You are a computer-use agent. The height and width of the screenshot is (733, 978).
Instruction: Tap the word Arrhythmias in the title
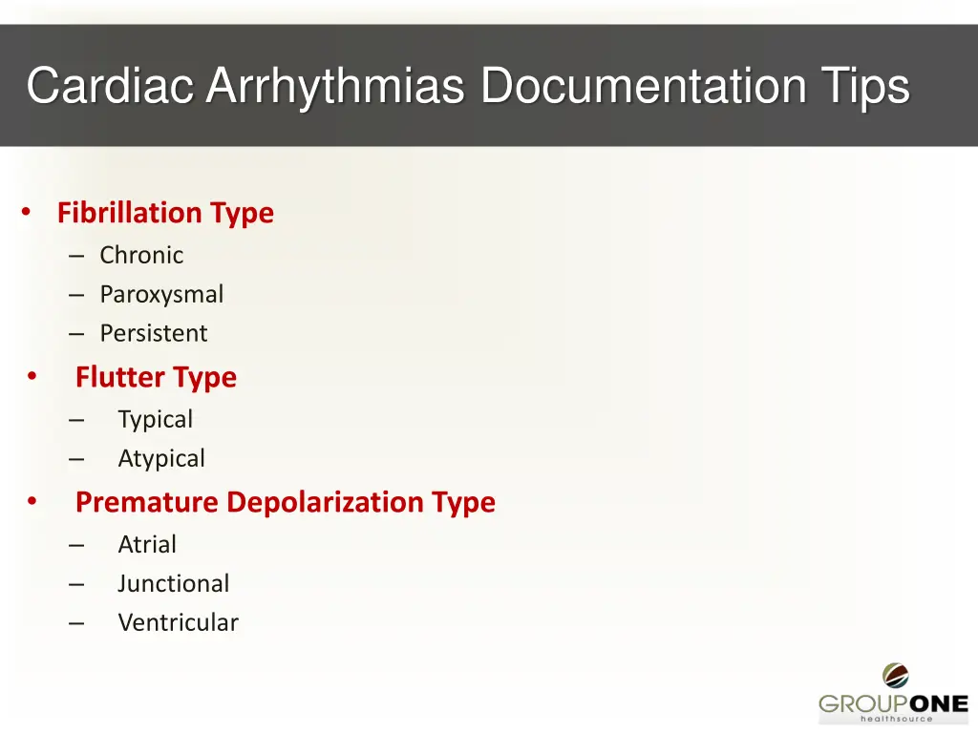(335, 86)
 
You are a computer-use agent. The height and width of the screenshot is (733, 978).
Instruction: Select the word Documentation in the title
(642, 86)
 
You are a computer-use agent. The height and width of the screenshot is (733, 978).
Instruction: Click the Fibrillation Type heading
(165, 213)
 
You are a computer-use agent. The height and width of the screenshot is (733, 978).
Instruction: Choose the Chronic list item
(141, 255)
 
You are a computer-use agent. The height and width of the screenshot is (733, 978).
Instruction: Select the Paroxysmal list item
(161, 294)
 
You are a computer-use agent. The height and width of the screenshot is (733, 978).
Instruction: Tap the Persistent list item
(153, 333)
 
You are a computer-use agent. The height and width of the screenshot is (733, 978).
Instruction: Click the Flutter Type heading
(156, 377)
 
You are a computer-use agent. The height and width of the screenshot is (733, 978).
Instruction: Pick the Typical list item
(155, 419)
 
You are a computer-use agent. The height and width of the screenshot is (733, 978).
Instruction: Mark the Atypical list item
(160, 458)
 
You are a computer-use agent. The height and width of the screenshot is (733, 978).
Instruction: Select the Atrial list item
(146, 544)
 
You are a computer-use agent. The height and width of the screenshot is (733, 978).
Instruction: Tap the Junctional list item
(173, 583)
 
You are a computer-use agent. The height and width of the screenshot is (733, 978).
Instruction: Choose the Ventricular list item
(178, 622)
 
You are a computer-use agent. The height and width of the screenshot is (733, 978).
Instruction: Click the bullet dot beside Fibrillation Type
(27, 211)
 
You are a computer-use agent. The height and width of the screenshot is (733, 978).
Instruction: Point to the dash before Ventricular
(76, 623)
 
